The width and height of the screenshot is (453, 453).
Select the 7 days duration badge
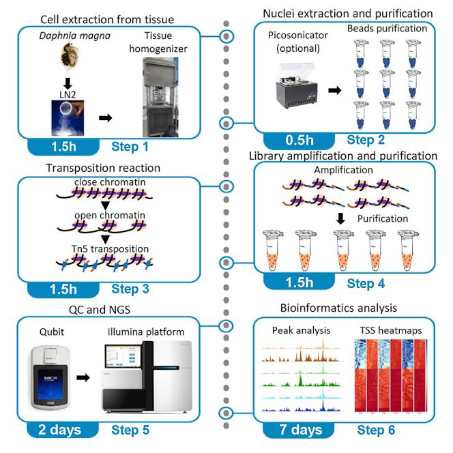[302, 430]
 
